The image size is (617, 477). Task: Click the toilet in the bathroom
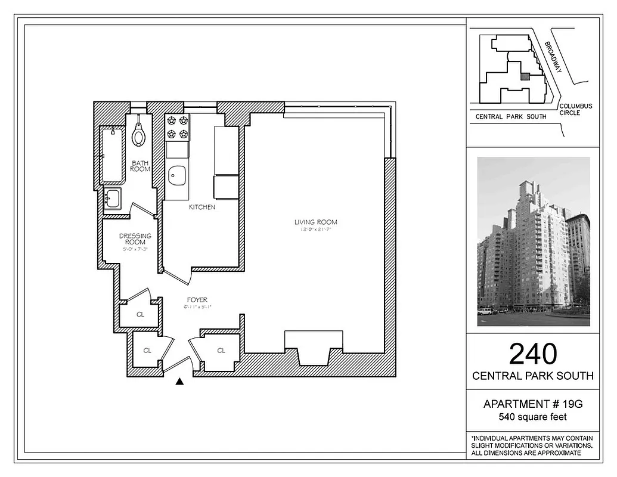click(x=139, y=134)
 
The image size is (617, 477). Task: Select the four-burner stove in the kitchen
click(x=177, y=127)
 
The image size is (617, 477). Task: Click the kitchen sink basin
click(x=177, y=175)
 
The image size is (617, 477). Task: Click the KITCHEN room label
click(x=202, y=207)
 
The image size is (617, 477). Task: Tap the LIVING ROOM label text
click(x=315, y=222)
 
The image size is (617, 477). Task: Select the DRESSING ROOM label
click(x=135, y=239)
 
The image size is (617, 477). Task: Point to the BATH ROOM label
click(x=141, y=166)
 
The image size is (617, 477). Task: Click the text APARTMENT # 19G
click(x=532, y=404)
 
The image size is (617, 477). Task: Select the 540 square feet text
click(x=532, y=418)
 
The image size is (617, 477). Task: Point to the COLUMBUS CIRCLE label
click(x=576, y=110)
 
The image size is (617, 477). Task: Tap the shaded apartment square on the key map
click(x=525, y=77)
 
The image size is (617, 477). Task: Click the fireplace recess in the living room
click(x=314, y=348)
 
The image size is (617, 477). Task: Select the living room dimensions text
click(x=315, y=230)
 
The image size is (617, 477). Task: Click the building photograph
click(x=533, y=241)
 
